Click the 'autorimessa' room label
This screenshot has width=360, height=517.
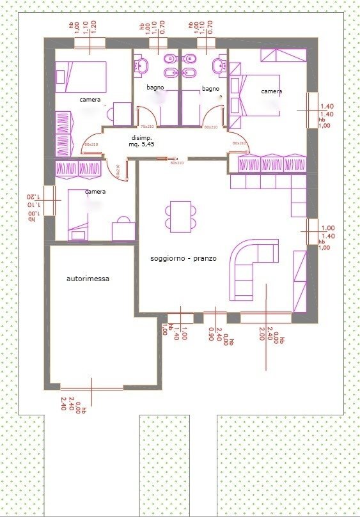pyautogui.click(x=88, y=279)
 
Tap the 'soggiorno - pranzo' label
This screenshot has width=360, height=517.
pyautogui.click(x=184, y=258)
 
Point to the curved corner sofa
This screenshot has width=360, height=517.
pyautogui.click(x=253, y=268)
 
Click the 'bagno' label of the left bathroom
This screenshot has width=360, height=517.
pyautogui.click(x=155, y=87)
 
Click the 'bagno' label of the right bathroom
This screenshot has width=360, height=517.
pyautogui.click(x=210, y=88)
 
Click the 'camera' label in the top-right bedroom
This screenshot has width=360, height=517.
pyautogui.click(x=271, y=91)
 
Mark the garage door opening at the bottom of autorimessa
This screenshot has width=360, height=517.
pyautogui.click(x=91, y=387)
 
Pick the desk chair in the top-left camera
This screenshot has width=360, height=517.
pyautogui.click(x=118, y=112)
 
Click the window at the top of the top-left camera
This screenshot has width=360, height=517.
pyautogui.click(x=90, y=43)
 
